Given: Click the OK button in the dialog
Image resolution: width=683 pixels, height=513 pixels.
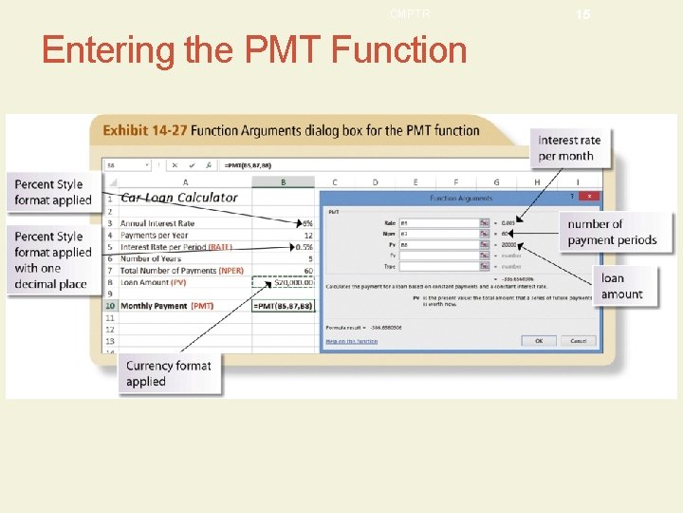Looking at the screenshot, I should [539, 340].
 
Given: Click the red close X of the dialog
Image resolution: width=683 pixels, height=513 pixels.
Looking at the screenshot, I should [589, 197].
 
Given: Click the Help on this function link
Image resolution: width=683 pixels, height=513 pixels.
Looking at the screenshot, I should [351, 341].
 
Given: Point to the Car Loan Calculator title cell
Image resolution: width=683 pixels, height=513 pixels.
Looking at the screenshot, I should [179, 198].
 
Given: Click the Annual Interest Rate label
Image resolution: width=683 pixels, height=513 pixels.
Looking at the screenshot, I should [157, 223].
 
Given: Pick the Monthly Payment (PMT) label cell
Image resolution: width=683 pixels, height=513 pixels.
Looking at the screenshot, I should [167, 306].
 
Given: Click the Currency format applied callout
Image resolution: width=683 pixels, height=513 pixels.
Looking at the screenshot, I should [170, 373].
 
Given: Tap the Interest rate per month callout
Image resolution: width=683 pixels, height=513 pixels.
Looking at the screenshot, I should [570, 148].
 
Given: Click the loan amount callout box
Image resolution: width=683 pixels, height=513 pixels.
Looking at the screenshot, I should [622, 286].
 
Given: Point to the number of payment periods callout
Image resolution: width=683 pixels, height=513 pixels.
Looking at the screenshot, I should [612, 232].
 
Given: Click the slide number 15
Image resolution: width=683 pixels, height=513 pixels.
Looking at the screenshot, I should [582, 14].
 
